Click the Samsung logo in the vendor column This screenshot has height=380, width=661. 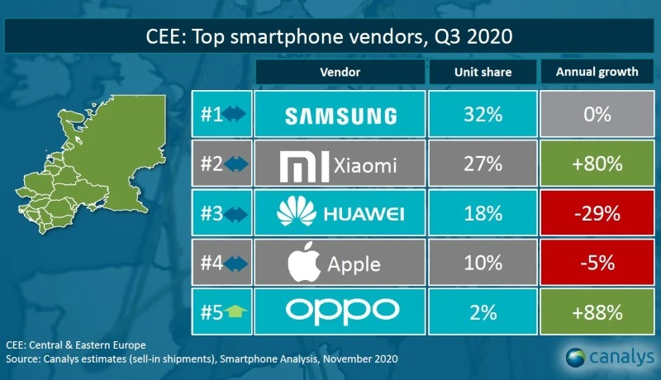[340, 115]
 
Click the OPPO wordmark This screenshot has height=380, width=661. [340, 311]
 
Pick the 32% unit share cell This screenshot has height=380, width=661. [483, 115]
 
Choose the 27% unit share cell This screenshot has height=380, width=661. [483, 164]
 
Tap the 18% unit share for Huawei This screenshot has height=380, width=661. [483, 214]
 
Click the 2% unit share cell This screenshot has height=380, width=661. [483, 311]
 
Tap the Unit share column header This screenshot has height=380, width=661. [483, 72]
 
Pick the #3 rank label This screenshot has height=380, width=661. [211, 214]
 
